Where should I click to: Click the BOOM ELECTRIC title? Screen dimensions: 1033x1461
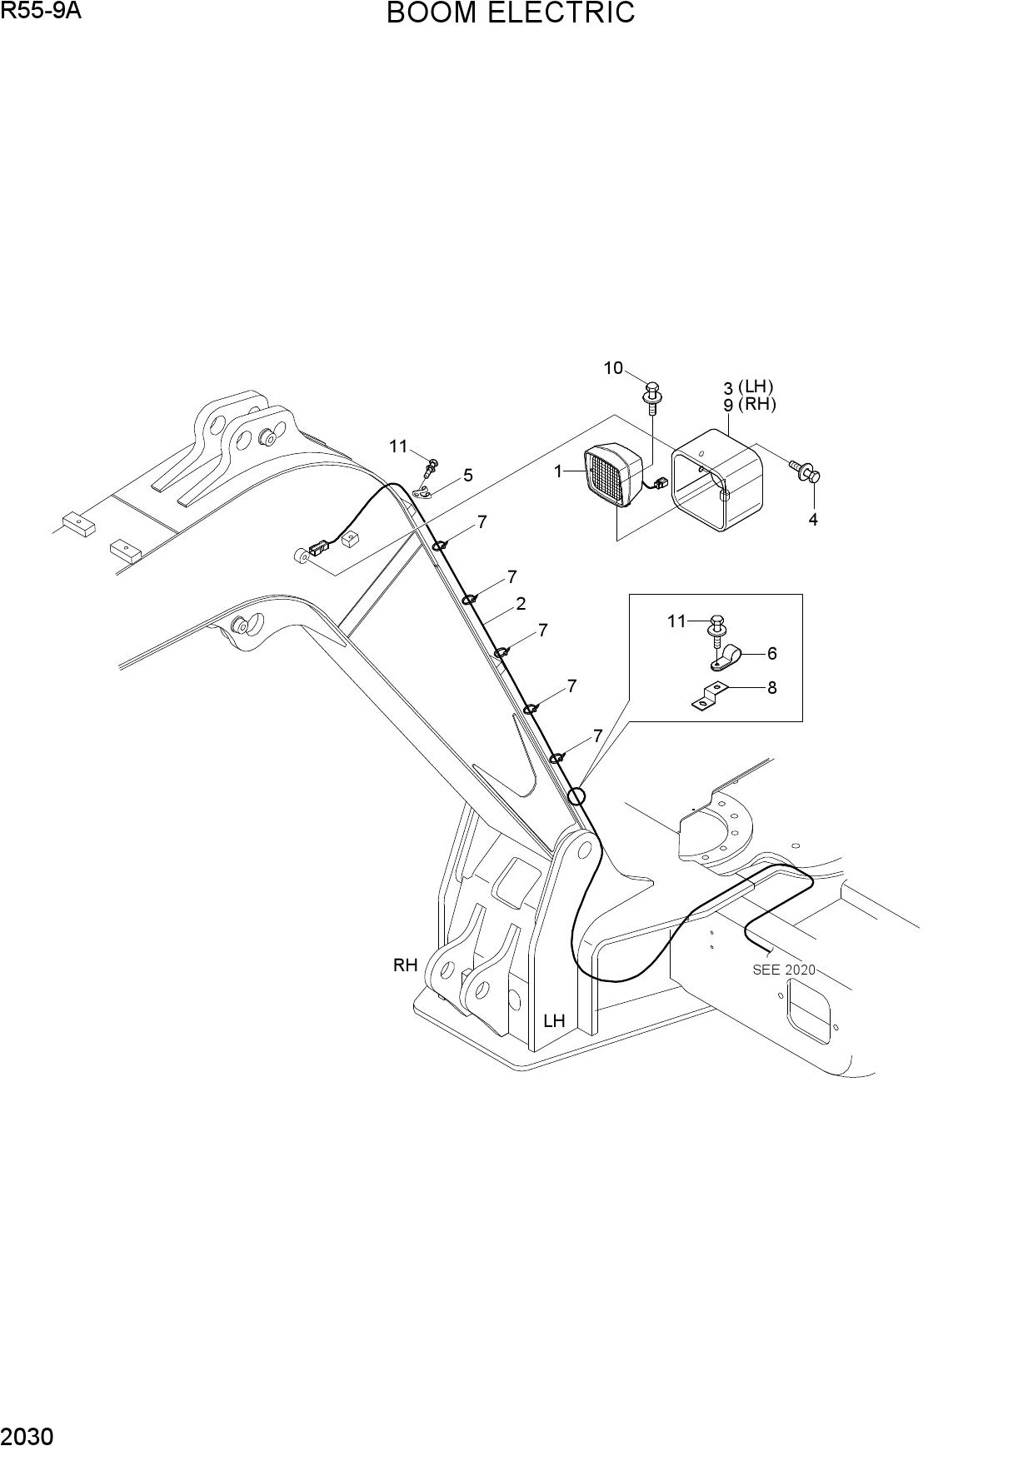tap(511, 13)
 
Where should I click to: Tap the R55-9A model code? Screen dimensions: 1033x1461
tap(41, 11)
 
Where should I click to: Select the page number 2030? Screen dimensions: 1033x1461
tap(28, 1437)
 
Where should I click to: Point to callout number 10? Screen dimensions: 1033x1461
tap(613, 367)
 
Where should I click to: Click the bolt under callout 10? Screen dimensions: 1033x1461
tap(653, 397)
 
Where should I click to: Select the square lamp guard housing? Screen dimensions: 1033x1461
tap(717, 480)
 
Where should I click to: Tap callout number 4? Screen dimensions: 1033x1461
tap(813, 520)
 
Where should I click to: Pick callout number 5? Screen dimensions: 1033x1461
tap(468, 475)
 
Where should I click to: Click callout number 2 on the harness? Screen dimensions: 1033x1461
tap(521, 604)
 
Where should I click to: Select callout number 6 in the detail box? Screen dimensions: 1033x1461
tap(771, 653)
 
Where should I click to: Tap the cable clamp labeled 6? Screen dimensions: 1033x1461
tap(726, 658)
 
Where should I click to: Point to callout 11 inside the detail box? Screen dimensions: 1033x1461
tap(676, 621)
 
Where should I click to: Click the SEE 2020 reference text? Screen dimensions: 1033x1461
tap(784, 970)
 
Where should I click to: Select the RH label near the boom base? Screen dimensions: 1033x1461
tap(405, 965)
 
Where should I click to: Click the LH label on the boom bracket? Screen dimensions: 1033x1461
tap(554, 1020)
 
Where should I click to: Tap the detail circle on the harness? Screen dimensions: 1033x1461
tap(576, 796)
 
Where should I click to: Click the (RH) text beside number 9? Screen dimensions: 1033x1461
tap(757, 404)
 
